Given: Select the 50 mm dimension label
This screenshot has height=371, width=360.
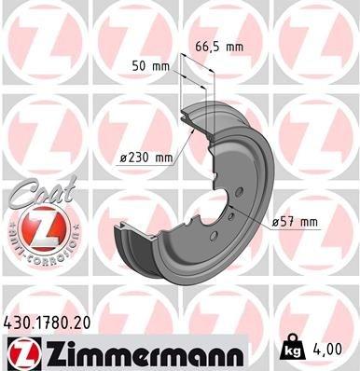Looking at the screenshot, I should click(x=149, y=67).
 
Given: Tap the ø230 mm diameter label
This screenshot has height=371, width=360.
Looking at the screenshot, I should click(x=147, y=158).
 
